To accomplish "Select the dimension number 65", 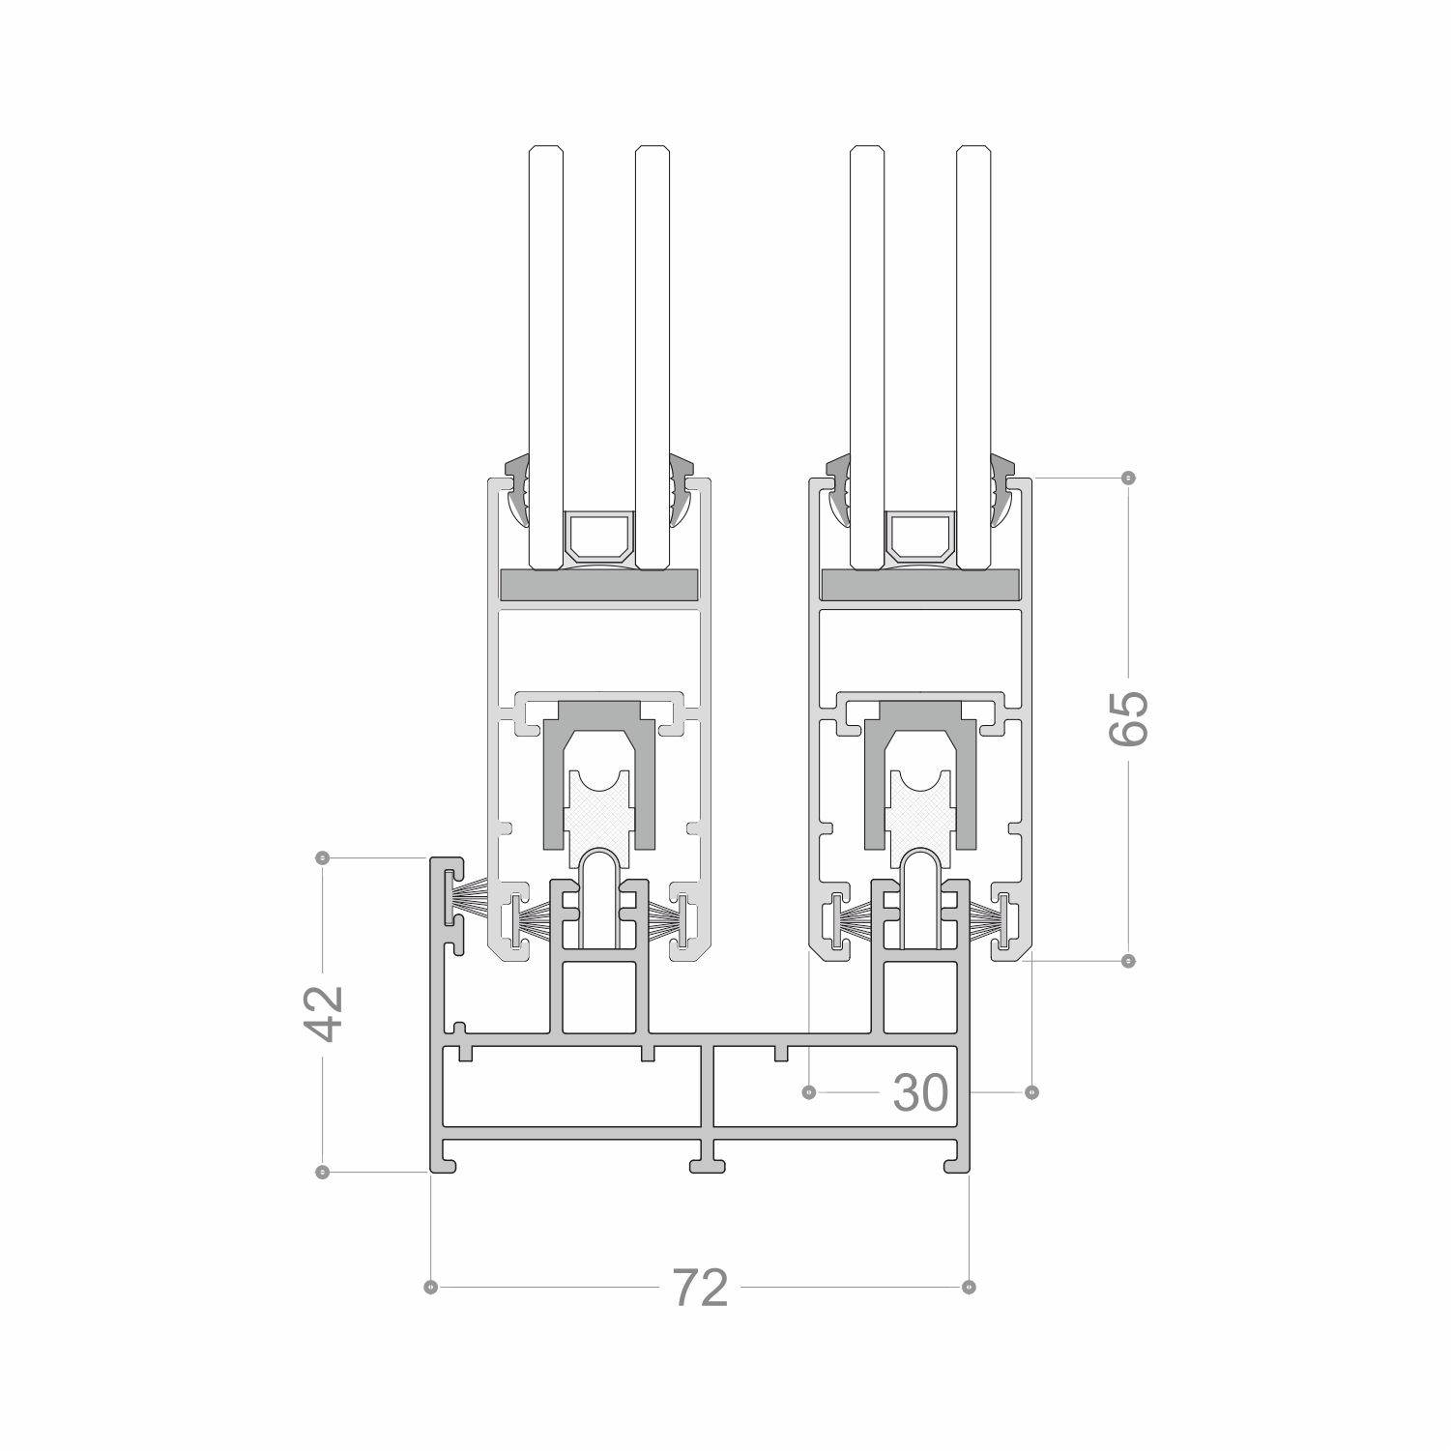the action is click(x=1128, y=717).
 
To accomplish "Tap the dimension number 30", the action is click(x=919, y=1092).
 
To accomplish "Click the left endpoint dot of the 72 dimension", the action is click(x=431, y=1287).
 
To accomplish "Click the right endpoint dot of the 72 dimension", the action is click(x=970, y=1287).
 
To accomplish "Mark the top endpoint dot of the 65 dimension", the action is click(x=1128, y=478).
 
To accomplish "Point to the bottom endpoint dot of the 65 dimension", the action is click(x=1128, y=961).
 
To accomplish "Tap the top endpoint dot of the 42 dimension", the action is click(x=323, y=857).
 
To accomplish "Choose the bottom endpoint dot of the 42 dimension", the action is click(x=323, y=1172).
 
